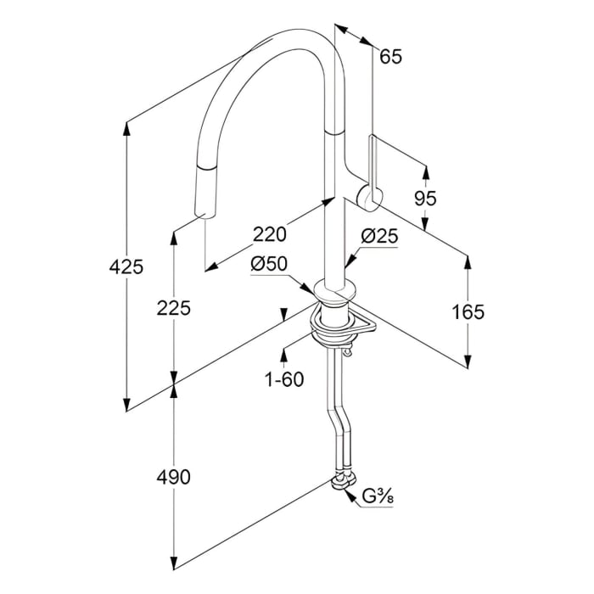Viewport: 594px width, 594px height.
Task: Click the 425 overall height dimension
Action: [x=126, y=267]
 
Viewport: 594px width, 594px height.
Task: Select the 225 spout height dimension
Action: [x=174, y=308]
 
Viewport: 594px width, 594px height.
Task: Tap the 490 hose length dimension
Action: [x=174, y=476]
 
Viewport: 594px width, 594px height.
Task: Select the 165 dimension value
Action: [x=468, y=311]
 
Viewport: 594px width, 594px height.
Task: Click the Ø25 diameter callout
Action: [x=378, y=238]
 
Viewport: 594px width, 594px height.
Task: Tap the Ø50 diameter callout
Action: [x=269, y=264]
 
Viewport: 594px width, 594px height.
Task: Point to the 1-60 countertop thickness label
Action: [x=284, y=379]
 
